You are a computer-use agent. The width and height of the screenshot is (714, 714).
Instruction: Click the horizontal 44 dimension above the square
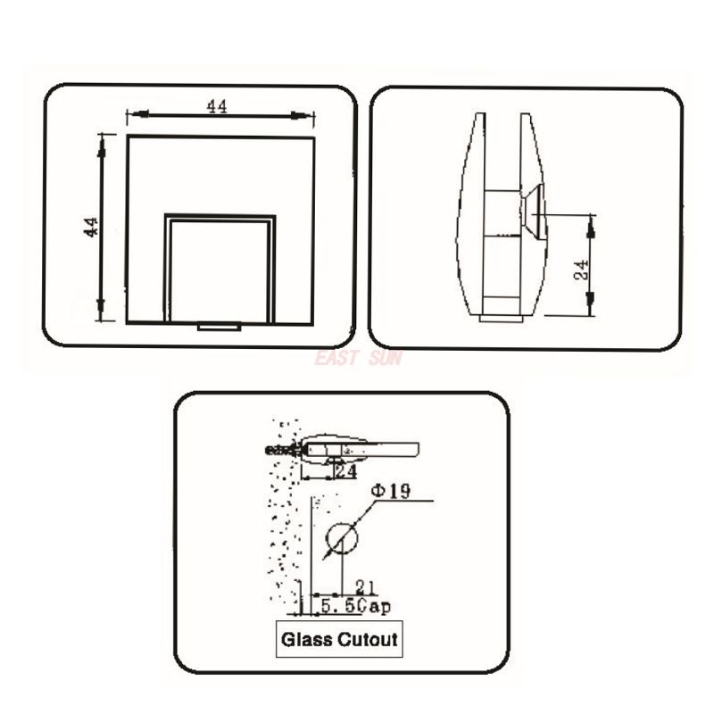(217, 106)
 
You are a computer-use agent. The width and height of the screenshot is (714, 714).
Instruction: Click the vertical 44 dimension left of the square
(91, 227)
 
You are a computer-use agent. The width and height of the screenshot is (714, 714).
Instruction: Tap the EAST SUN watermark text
(358, 359)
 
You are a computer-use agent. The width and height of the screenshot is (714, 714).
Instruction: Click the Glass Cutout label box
(338, 639)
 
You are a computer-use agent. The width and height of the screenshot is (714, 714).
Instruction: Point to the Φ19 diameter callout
(392, 492)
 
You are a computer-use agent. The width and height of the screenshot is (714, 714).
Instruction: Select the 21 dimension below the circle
(364, 586)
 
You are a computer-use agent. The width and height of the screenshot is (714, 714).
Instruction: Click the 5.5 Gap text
(354, 606)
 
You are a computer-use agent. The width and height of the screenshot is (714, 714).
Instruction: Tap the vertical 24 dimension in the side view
(581, 270)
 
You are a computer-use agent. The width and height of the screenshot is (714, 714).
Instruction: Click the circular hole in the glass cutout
(341, 538)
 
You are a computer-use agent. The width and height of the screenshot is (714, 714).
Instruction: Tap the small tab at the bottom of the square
(219, 327)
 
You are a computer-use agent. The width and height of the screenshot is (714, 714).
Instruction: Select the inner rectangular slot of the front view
(220, 268)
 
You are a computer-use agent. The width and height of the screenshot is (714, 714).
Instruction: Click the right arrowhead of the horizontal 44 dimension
(308, 114)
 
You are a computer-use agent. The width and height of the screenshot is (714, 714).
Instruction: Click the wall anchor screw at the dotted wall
(284, 450)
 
